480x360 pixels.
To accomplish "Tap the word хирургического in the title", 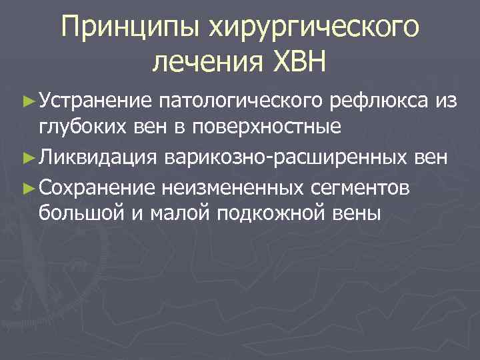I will tap(307, 28).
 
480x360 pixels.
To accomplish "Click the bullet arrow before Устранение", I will tap(28, 102).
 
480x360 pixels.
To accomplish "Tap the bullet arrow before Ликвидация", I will tap(28, 158).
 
